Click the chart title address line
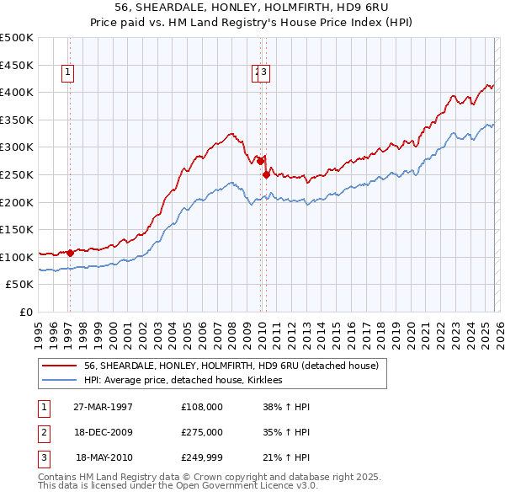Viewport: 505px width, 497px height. point(252,8)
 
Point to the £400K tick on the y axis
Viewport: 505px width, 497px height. point(17,92)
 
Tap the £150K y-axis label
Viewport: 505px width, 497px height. point(17,229)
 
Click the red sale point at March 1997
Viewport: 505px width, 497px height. point(70,253)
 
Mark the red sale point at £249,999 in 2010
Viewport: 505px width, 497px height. point(267,174)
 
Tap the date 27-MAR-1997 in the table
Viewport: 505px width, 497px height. point(103,406)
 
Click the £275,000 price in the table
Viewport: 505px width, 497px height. point(202,432)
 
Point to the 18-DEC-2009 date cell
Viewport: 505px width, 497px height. point(103,432)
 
